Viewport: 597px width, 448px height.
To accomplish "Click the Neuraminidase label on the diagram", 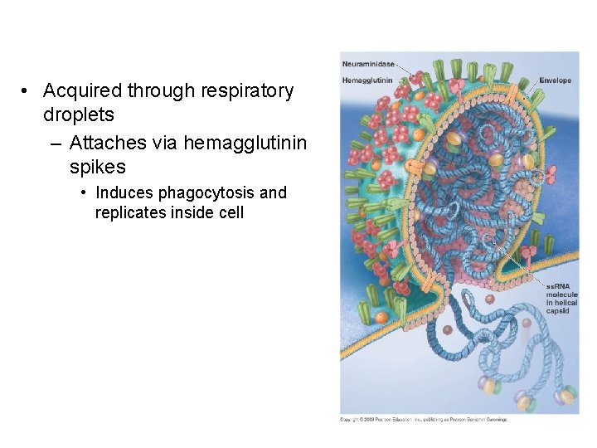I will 368,65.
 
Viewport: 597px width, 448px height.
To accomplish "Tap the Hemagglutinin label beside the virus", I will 367,80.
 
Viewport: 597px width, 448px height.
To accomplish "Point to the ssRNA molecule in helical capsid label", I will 561,299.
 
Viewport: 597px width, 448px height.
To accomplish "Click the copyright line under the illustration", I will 424,419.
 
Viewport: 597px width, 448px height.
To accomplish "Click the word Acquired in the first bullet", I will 78,90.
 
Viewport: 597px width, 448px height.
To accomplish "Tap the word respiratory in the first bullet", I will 240,90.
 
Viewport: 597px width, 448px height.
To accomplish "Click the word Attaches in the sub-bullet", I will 109,144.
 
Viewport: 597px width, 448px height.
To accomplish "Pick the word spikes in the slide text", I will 98,167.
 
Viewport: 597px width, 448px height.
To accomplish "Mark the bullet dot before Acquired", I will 27,91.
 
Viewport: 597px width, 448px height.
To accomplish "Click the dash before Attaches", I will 55,144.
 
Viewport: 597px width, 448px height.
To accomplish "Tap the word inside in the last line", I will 190,212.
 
